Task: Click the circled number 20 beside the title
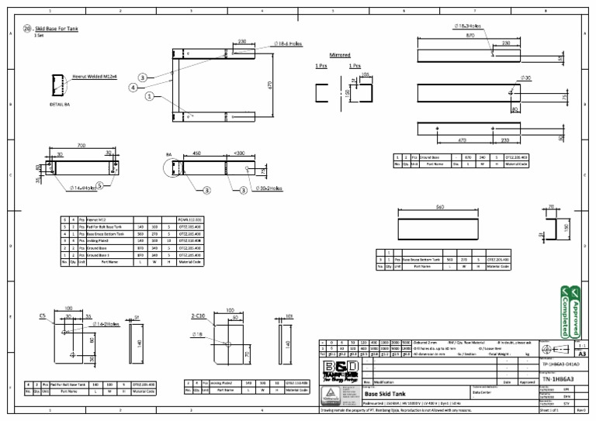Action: click(28, 28)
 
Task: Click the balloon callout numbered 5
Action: click(100, 185)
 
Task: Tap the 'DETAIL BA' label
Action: click(59, 103)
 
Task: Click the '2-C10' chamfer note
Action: click(197, 317)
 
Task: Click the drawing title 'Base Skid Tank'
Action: click(382, 394)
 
